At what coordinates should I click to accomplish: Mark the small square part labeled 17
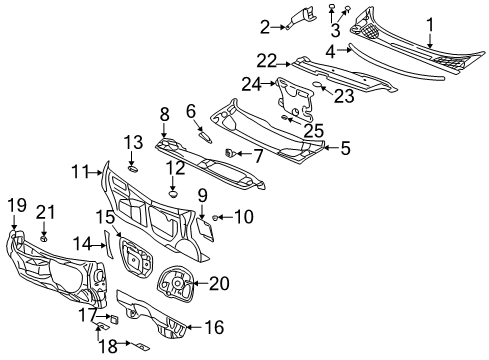pyautogui.click(x=113, y=319)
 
